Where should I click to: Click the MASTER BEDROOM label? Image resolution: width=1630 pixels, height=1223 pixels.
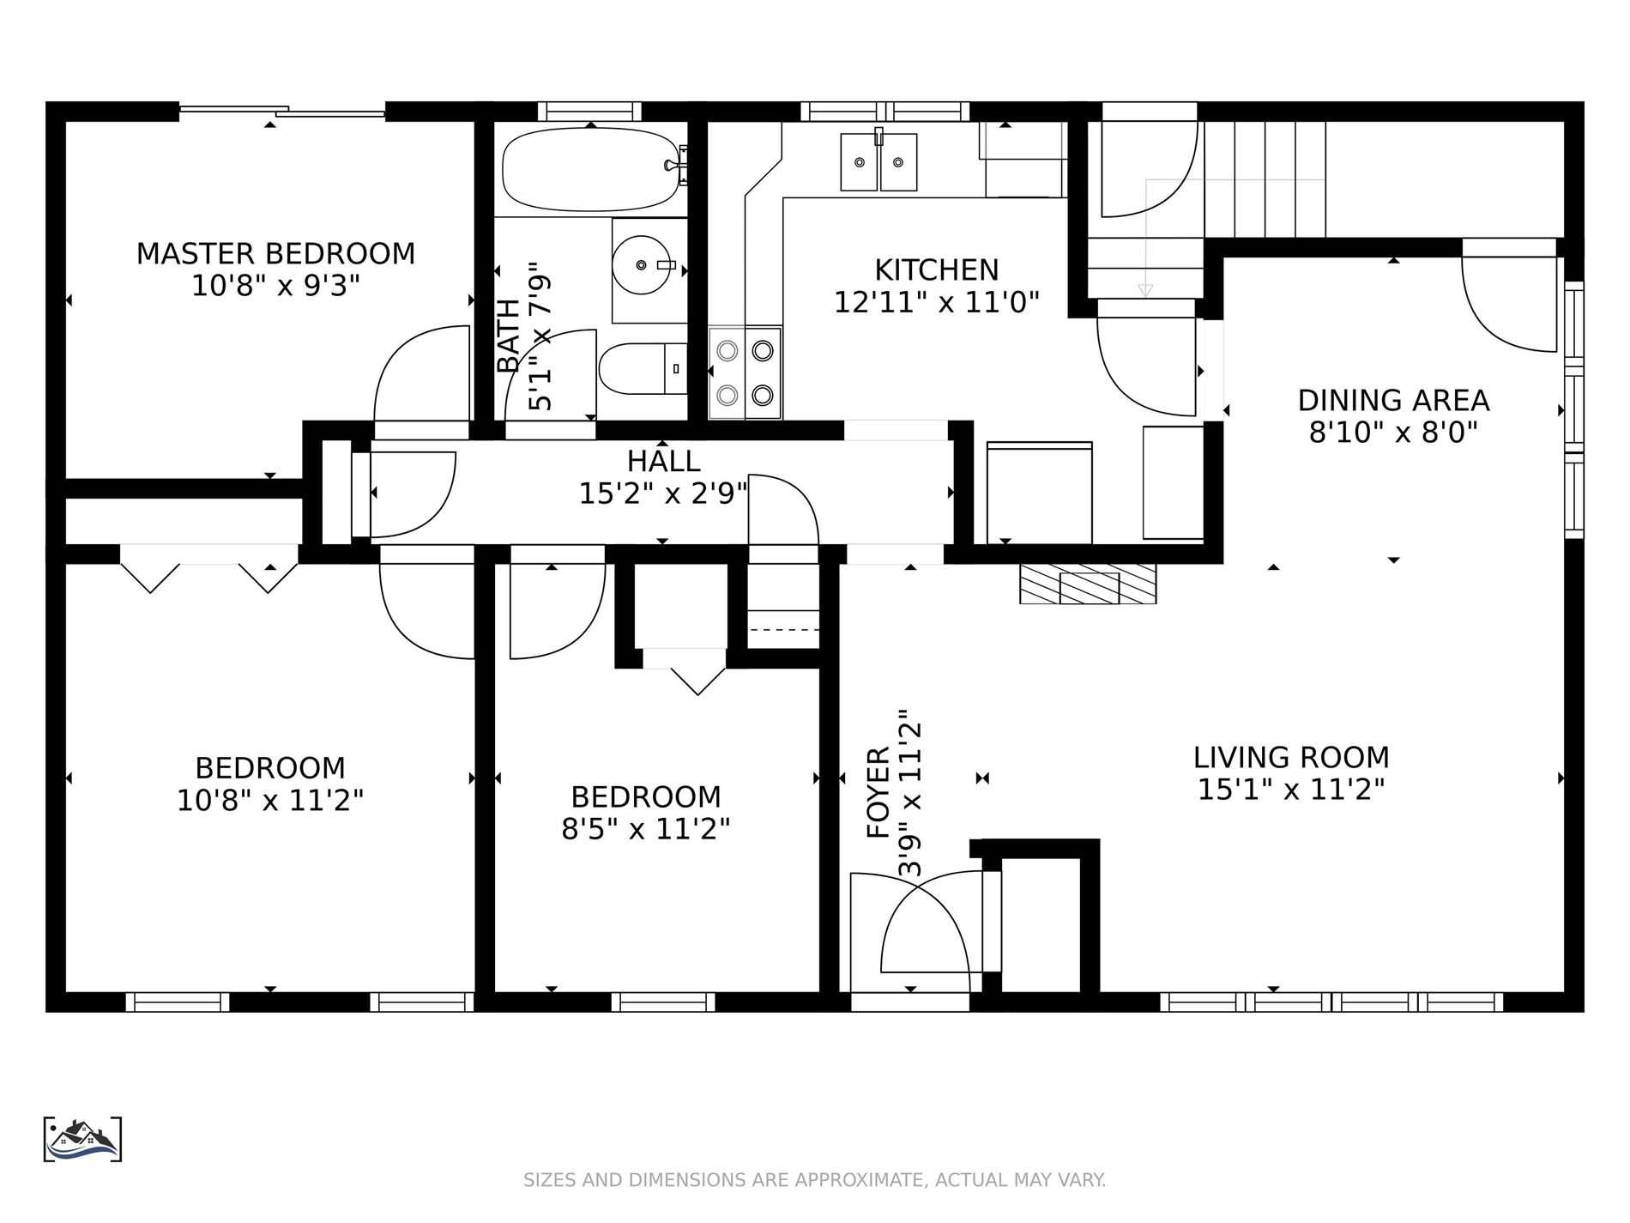coord(275,254)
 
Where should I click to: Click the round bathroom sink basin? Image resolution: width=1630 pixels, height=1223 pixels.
coord(642,265)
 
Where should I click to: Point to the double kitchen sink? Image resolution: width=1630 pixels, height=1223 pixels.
coord(878,161)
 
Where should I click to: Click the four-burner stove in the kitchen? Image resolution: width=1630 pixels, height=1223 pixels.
coord(745,372)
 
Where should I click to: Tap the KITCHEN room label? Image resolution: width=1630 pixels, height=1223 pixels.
coord(937,270)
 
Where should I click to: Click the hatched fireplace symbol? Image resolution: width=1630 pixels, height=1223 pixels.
coord(1088,584)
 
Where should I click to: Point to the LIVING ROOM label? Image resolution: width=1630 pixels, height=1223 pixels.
coord(1291,758)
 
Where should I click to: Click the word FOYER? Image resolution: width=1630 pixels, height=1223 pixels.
coord(879,793)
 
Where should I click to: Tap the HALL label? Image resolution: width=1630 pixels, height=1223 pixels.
coord(663,462)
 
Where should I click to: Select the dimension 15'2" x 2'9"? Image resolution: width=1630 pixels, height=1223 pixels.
coord(663,493)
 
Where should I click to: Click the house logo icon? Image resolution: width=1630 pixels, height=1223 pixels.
coord(82,1140)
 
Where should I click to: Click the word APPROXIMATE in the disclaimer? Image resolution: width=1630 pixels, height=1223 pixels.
coord(859,1180)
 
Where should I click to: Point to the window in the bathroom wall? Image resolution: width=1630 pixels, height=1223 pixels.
coord(589,112)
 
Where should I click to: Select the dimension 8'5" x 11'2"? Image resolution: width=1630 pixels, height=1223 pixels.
coord(646,829)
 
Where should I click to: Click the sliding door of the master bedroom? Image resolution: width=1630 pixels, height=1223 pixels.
coord(282,110)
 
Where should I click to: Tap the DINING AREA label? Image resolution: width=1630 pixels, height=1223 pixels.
coord(1393,401)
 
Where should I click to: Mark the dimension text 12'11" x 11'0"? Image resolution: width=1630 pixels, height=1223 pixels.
coord(937,302)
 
